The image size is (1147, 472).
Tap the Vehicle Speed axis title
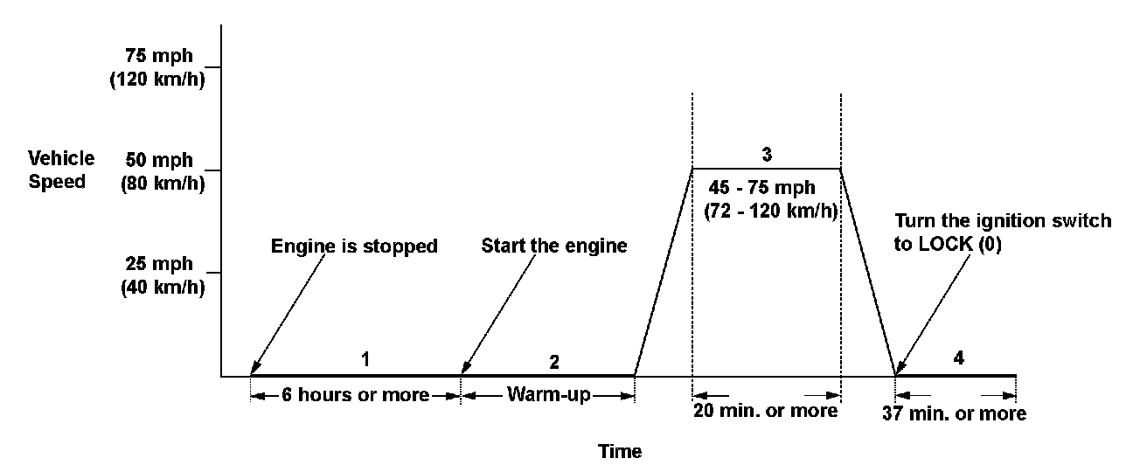coord(61,170)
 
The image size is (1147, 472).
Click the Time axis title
coord(620,451)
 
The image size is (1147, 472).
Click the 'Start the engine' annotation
coord(554,246)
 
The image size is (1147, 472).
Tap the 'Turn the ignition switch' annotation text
coord(1003,221)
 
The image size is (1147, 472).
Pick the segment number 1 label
coord(366,358)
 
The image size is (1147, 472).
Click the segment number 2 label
coord(554,360)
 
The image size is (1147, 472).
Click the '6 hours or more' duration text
coord(355,395)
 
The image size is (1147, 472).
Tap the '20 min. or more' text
coord(766,411)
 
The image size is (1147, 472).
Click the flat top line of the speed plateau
coord(766,168)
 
